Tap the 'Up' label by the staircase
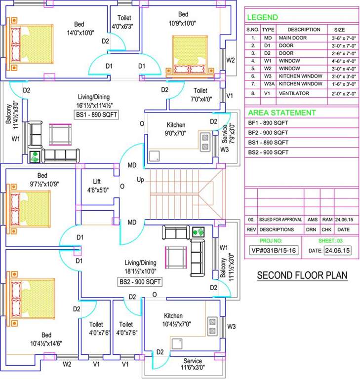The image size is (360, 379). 140,179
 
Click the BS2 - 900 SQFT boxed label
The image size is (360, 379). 140,282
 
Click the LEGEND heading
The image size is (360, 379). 262,17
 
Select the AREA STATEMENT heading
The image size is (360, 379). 281,113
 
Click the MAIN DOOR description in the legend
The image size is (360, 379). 293,38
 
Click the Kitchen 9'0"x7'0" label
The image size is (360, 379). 176,129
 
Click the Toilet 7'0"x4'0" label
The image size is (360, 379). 200,95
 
